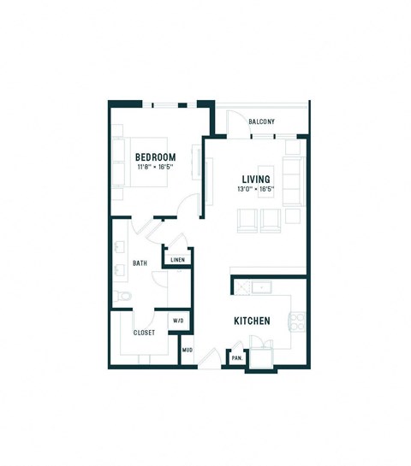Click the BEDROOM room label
pyautogui.click(x=155, y=156)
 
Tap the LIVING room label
pyautogui.click(x=256, y=179)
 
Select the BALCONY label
pyautogui.click(x=261, y=122)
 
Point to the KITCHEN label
pyautogui.click(x=253, y=321)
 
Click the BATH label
pyautogui.click(x=140, y=263)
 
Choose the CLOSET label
pyautogui.click(x=144, y=333)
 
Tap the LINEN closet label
pyautogui.click(x=178, y=259)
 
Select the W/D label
pyautogui.click(x=178, y=321)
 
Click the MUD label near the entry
pyautogui.click(x=187, y=351)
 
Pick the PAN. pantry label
pyautogui.click(x=236, y=358)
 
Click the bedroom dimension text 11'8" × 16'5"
pyautogui.click(x=155, y=168)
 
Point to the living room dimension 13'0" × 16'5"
pyautogui.click(x=256, y=190)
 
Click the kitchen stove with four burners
pyautogui.click(x=299, y=321)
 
